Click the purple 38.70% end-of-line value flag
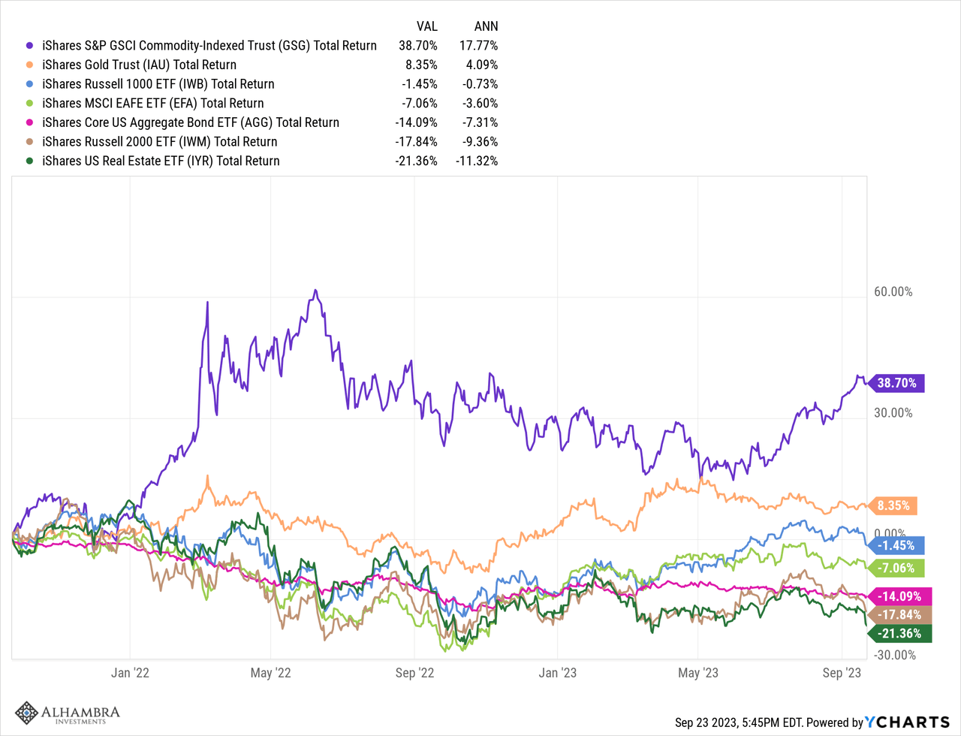click(898, 383)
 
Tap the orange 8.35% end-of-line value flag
click(896, 505)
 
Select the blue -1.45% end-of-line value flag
click(898, 545)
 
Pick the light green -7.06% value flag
click(898, 568)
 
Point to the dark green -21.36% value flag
click(901, 634)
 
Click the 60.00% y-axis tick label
click(893, 292)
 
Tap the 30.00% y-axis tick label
click(893, 413)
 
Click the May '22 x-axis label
click(272, 673)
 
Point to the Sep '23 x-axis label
click(842, 673)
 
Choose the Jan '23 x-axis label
click(559, 673)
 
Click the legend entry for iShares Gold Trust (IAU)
click(139, 65)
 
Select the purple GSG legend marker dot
click(29, 46)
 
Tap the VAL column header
click(426, 26)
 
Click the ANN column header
click(486, 26)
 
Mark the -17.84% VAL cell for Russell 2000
click(418, 142)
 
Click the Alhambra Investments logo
click(68, 713)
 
